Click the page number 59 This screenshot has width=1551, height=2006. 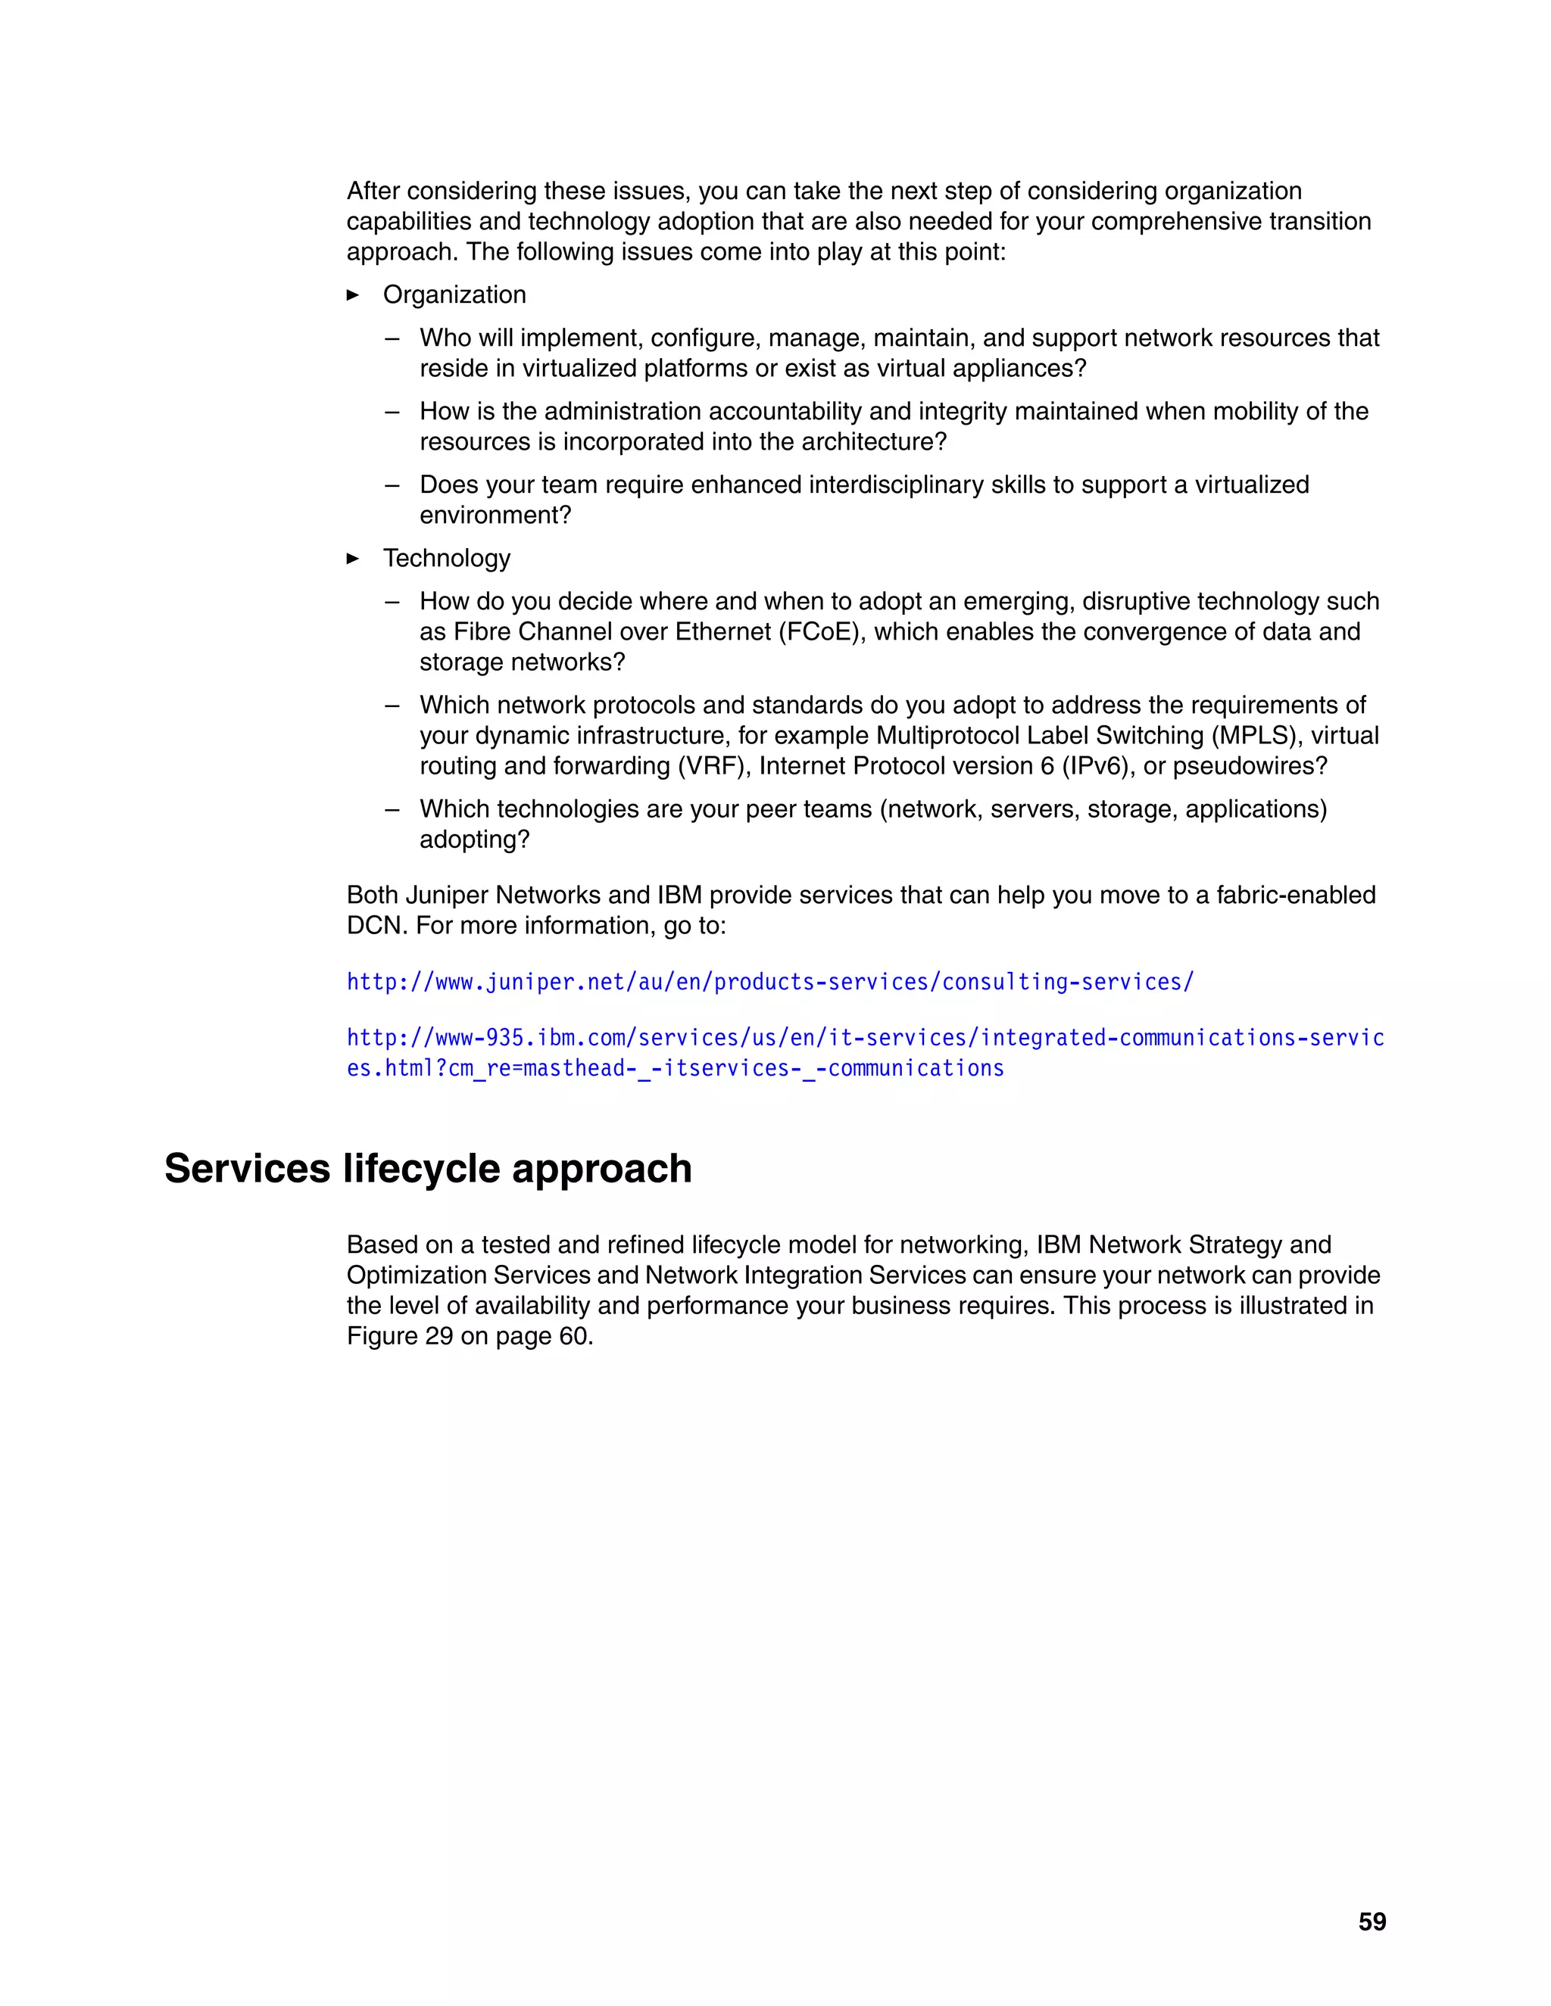pos(1372,1921)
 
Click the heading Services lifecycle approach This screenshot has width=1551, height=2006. pos(427,1168)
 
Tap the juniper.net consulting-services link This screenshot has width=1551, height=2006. pos(770,982)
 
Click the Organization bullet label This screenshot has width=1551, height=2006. pos(454,294)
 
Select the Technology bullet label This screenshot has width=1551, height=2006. pos(447,559)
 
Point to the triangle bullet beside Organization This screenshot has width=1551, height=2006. pos(353,294)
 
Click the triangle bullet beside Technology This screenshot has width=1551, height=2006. pos(353,559)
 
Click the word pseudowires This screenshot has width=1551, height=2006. pos(1250,766)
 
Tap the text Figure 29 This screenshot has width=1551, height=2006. pos(400,1335)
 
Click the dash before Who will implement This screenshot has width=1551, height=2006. pos(392,338)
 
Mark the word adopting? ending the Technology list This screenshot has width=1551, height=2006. pos(474,839)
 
